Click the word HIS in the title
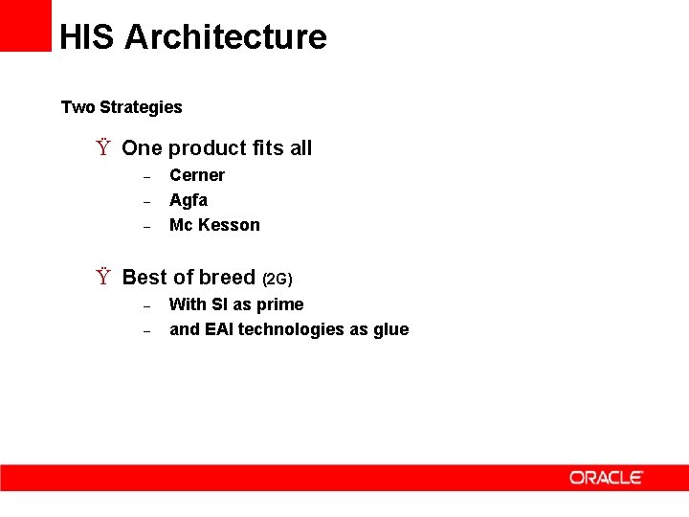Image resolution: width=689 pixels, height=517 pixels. [87, 37]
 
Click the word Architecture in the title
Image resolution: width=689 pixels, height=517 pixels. [226, 37]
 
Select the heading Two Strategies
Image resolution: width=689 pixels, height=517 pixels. [122, 107]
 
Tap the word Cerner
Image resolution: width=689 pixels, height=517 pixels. [197, 175]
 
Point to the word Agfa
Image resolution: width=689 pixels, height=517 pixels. [189, 200]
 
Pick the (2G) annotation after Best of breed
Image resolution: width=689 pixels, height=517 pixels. [277, 280]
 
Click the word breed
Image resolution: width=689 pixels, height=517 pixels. [227, 278]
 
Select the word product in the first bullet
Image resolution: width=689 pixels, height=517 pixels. [208, 148]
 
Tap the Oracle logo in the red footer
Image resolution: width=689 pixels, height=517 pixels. [607, 477]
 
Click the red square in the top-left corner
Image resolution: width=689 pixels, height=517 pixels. [25, 25]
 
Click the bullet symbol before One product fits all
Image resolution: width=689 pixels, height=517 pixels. [102, 148]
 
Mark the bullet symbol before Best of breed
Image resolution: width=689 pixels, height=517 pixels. [102, 278]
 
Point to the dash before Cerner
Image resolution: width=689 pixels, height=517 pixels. [147, 177]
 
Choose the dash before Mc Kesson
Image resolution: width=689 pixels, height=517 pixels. [147, 227]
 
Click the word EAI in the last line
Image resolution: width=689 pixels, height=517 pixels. [219, 329]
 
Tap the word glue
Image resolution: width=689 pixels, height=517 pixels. [390, 329]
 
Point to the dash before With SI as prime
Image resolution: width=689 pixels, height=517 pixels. [147, 306]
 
